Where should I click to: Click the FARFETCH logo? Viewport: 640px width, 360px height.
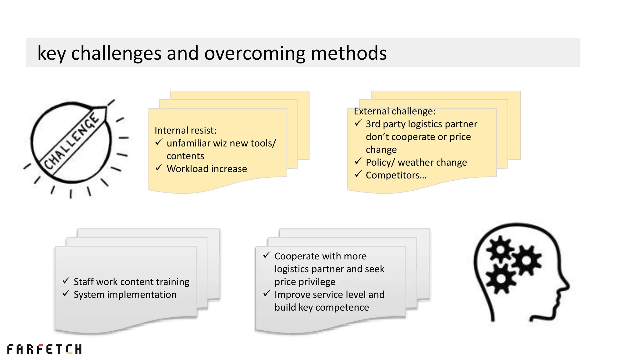click(x=44, y=349)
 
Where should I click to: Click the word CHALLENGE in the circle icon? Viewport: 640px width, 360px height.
click(x=71, y=141)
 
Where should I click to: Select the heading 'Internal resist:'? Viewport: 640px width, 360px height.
click(x=185, y=130)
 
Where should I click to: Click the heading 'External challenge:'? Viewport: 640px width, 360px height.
click(x=394, y=111)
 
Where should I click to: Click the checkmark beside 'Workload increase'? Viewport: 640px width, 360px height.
click(x=159, y=168)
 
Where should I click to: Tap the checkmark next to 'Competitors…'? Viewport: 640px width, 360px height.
click(x=358, y=174)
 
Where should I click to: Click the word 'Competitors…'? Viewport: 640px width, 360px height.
click(x=396, y=175)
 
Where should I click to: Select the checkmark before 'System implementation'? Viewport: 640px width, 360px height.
click(x=66, y=294)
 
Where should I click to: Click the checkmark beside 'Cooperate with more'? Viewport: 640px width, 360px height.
click(x=267, y=255)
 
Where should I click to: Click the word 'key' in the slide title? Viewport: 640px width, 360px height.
click(x=52, y=53)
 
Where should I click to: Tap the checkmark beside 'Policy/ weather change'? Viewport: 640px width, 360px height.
click(x=358, y=162)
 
